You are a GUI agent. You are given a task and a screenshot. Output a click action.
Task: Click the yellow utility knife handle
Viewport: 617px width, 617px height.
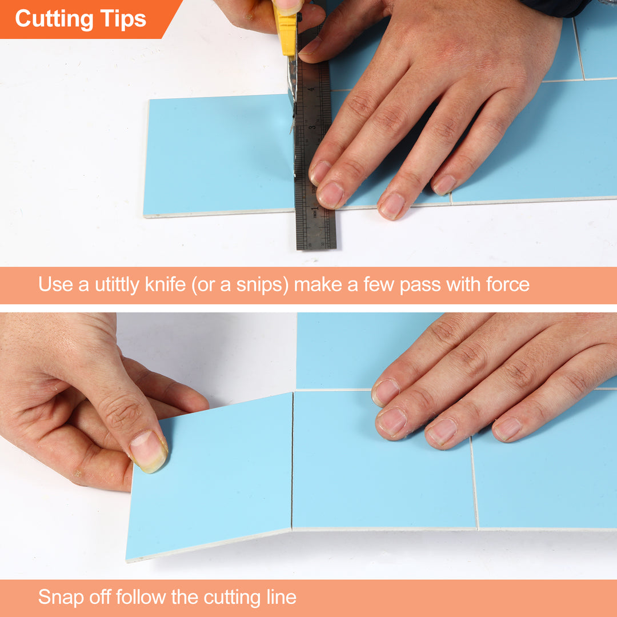(286, 31)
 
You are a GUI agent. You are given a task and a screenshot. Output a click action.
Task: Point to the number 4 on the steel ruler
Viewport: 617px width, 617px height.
(311, 90)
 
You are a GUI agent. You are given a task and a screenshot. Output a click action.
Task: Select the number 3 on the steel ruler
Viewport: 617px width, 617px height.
(312, 127)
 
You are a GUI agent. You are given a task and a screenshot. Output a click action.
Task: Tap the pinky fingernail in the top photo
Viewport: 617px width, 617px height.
(444, 185)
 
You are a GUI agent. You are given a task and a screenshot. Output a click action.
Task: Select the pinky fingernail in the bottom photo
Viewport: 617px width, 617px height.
(507, 428)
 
